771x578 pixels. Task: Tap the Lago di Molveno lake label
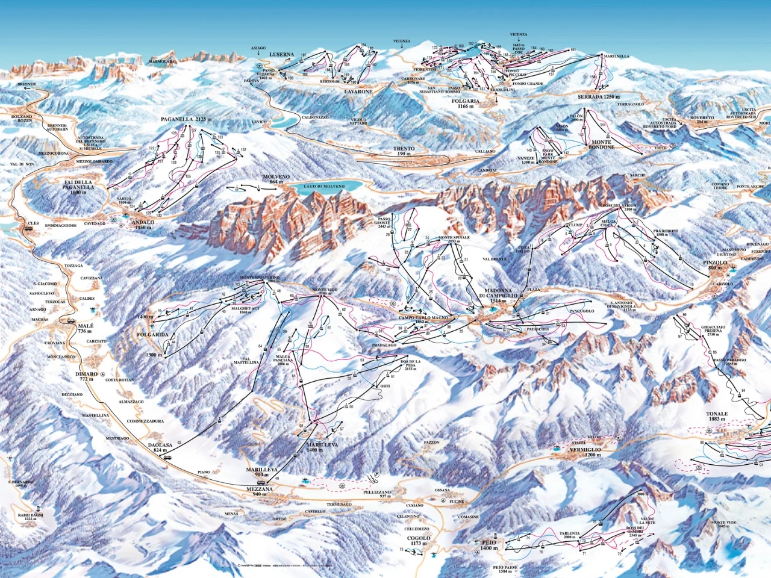324,187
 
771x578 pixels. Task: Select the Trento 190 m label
402,151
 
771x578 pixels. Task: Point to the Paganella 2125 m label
187,120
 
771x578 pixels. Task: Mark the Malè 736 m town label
84,328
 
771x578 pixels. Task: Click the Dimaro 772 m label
86,377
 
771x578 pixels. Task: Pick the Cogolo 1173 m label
418,541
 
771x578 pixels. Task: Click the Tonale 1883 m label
717,417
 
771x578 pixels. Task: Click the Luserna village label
282,55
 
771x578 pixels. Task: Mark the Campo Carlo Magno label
422,319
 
